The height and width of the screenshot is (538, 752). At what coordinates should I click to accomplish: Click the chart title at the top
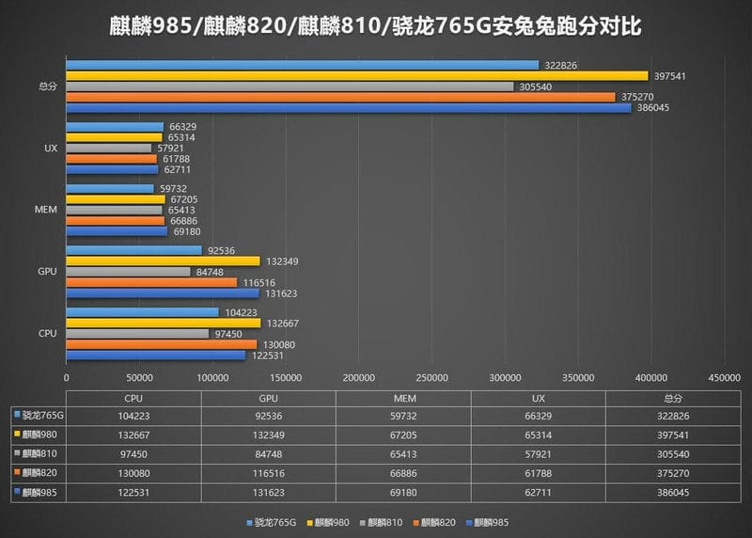(376, 25)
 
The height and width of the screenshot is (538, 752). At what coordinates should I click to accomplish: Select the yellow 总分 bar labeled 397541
(357, 75)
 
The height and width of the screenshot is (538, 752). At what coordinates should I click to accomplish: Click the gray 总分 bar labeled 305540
(290, 87)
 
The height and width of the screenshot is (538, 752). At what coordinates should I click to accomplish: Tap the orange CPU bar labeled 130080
(161, 344)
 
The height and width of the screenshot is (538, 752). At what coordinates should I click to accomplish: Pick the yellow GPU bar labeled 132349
(163, 261)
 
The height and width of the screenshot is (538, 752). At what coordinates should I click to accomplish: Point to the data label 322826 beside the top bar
(561, 65)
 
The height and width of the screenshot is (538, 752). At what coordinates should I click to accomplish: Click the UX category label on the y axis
(51, 149)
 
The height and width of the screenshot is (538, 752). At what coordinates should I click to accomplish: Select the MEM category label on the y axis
(49, 209)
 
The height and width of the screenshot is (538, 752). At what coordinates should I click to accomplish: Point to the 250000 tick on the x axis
(431, 377)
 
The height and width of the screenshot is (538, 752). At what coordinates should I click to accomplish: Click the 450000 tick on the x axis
(724, 377)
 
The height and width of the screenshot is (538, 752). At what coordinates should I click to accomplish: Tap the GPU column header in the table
(268, 397)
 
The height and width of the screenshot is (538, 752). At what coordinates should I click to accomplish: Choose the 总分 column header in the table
(670, 397)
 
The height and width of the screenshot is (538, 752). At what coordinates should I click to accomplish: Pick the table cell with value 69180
(402, 490)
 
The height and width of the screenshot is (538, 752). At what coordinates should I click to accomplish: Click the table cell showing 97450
(133, 452)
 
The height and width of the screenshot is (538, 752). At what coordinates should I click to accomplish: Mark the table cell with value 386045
(670, 490)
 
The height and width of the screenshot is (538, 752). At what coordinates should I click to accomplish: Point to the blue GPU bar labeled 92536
(133, 250)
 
